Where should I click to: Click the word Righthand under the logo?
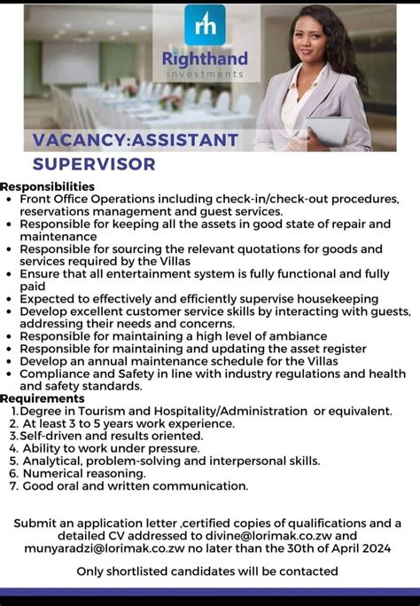pyautogui.click(x=205, y=59)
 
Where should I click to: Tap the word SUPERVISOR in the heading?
pyautogui.click(x=94, y=164)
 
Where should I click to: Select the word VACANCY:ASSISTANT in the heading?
pyautogui.click(x=136, y=140)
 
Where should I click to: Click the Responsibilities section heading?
pyautogui.click(x=48, y=186)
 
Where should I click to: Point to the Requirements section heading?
pyautogui.click(x=43, y=398)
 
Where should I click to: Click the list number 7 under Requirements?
pyautogui.click(x=13, y=485)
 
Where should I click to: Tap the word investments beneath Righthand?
pyautogui.click(x=204, y=74)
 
